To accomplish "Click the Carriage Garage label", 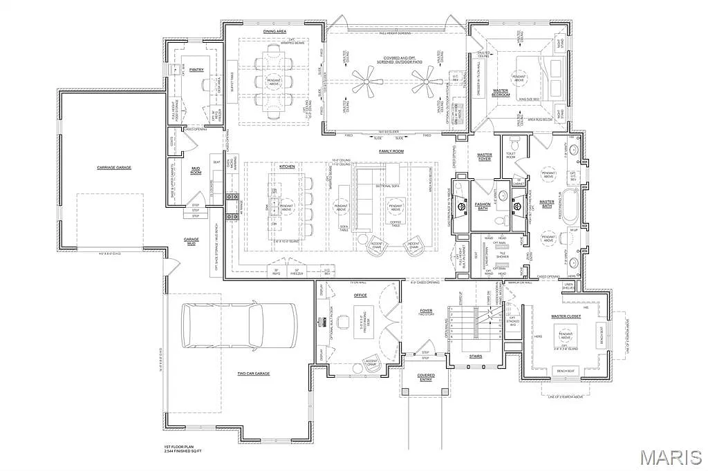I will (114, 167).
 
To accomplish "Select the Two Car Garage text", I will (254, 374).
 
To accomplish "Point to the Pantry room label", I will (197, 69).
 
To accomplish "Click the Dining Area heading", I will (274, 31).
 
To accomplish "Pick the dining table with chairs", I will (276, 81).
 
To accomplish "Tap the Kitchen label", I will (287, 166).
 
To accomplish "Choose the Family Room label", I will (391, 151).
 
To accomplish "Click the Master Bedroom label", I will (501, 92).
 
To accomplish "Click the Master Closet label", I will (565, 317).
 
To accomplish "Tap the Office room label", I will (360, 295).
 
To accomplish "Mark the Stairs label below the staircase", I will (475, 356).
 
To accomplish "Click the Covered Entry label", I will (426, 378).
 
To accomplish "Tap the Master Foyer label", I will (484, 157).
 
